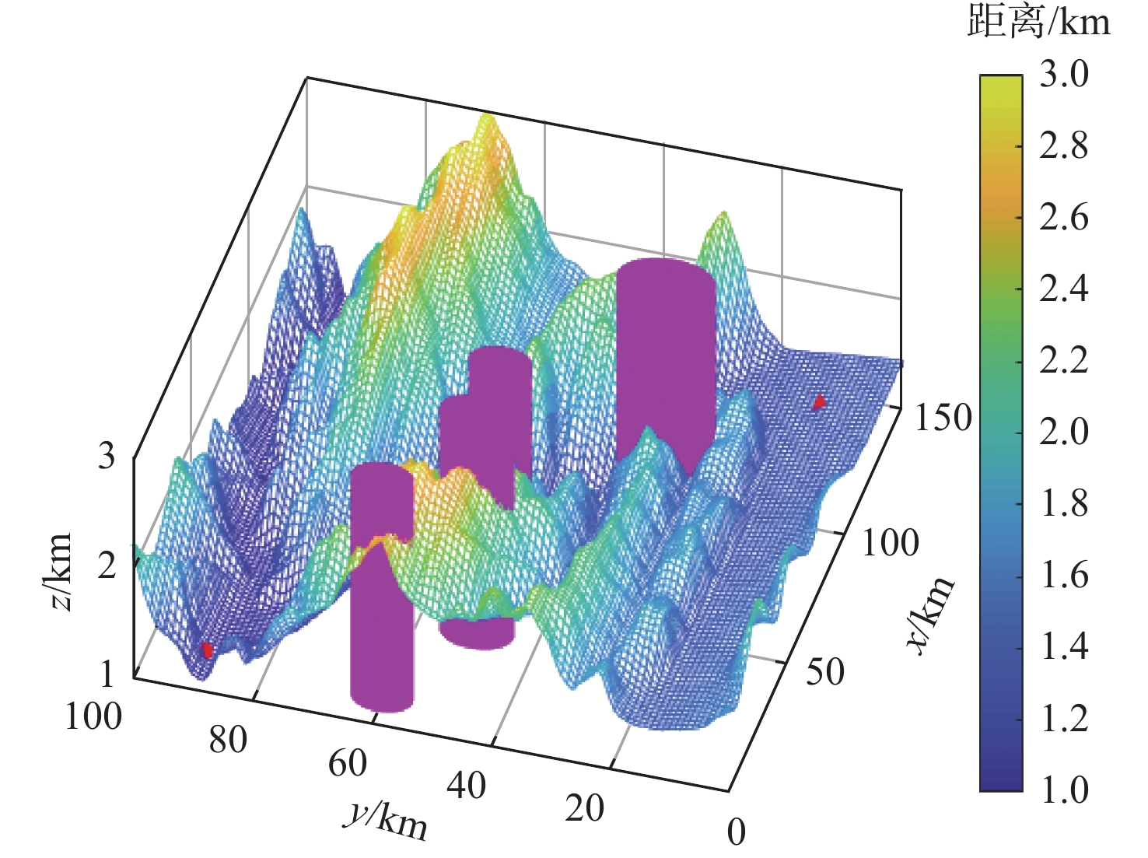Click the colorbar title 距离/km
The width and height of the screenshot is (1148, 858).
click(x=1038, y=22)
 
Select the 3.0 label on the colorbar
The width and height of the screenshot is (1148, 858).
click(x=1063, y=75)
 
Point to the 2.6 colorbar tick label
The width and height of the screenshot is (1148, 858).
click(x=1063, y=217)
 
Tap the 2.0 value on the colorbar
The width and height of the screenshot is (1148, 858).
click(x=1063, y=432)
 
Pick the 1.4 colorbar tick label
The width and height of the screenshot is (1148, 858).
click(x=1063, y=646)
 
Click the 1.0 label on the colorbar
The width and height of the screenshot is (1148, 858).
click(x=1063, y=790)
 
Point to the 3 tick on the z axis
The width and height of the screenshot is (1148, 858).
click(x=107, y=456)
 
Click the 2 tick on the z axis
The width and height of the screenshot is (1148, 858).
click(x=107, y=565)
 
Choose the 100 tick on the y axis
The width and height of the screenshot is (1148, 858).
click(x=93, y=716)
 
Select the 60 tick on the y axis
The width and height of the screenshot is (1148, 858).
click(x=347, y=764)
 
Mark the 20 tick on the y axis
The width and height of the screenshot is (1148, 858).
click(x=584, y=809)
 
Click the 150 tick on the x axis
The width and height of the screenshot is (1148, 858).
click(x=942, y=418)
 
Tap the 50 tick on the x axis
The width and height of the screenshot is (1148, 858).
click(x=824, y=672)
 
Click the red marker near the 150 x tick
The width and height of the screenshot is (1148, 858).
click(x=818, y=402)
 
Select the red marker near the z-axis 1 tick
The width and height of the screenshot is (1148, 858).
click(x=207, y=650)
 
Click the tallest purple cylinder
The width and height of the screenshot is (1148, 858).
click(x=666, y=358)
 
